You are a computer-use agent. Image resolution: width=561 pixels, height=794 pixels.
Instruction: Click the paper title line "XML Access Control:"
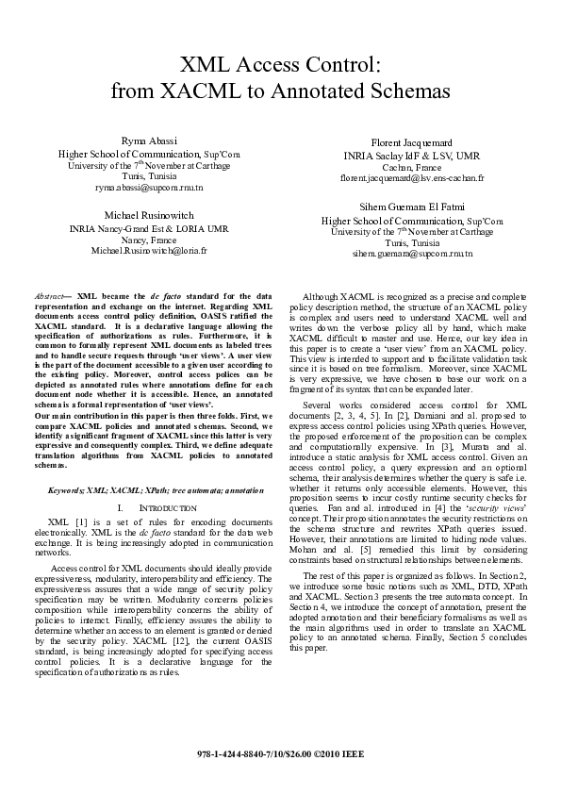[x=280, y=65]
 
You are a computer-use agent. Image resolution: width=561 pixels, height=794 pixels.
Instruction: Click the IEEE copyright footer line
[x=280, y=756]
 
